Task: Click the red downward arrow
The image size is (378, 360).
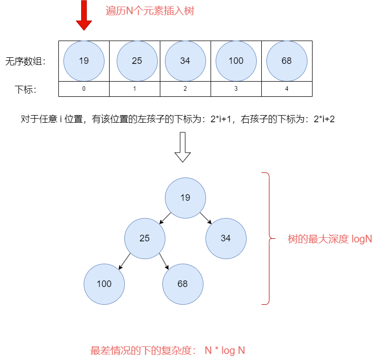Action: tap(84, 17)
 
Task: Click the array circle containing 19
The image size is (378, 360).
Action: tap(84, 61)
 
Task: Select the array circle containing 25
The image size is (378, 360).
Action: tap(137, 61)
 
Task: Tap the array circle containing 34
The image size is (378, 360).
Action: tap(185, 61)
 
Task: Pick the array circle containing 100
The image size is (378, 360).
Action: tap(236, 61)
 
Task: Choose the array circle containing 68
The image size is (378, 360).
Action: tap(287, 61)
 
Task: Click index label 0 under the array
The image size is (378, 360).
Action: tap(84, 89)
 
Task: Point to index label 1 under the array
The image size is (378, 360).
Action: tap(134, 89)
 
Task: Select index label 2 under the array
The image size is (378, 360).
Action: tap(185, 89)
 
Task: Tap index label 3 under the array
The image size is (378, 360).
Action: tap(236, 89)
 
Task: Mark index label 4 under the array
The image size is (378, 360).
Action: tap(287, 89)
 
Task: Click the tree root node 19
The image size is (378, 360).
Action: tap(185, 198)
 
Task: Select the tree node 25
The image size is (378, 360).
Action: tap(145, 238)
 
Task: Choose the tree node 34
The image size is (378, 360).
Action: tap(226, 238)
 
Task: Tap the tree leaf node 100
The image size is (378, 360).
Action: tap(104, 284)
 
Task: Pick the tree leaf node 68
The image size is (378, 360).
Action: tap(183, 284)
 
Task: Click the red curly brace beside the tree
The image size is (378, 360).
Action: tap(266, 238)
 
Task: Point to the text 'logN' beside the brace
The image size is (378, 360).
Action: tap(361, 239)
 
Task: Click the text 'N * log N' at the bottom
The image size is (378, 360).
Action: tap(225, 350)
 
